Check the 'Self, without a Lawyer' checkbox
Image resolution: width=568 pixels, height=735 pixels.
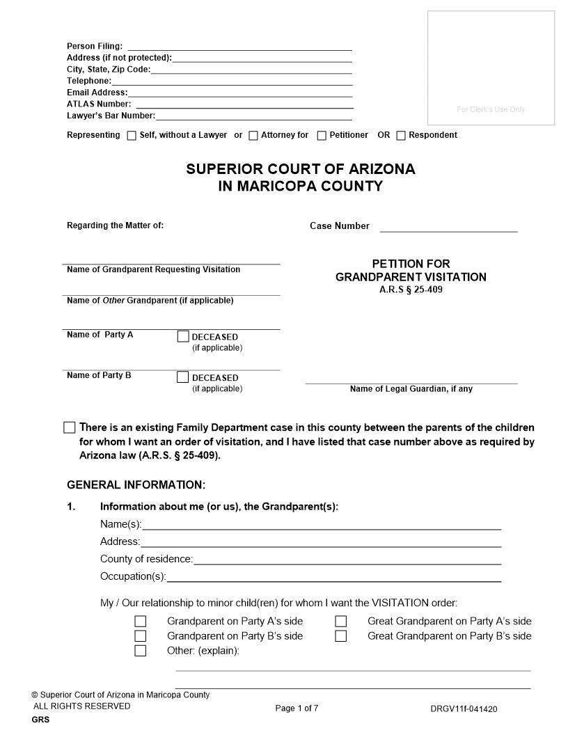[x=132, y=136]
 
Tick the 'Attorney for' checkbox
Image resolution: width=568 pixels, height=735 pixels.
[x=253, y=136]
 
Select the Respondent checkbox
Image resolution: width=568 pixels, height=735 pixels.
[x=401, y=136]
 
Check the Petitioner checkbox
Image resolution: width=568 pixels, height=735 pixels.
[x=322, y=136]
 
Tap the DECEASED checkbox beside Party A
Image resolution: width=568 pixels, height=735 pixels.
[x=183, y=337]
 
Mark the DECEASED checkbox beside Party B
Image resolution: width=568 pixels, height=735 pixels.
[x=183, y=377]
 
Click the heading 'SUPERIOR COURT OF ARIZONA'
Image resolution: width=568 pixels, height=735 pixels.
[x=300, y=169]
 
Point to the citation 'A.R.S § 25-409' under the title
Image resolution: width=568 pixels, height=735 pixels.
[x=411, y=290]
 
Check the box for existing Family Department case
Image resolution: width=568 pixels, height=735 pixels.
[x=70, y=427]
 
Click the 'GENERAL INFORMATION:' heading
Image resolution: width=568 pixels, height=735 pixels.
[x=136, y=485]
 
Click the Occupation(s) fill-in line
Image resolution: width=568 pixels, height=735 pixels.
[x=334, y=577]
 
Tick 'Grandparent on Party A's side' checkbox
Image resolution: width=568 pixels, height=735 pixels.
[x=141, y=622]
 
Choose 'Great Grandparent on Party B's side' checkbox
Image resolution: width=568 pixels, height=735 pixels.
[x=341, y=636]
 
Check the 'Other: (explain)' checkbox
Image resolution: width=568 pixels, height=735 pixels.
[x=141, y=651]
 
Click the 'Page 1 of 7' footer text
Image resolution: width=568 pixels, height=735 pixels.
[x=297, y=709]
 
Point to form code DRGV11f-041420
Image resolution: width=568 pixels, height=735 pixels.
[x=464, y=709]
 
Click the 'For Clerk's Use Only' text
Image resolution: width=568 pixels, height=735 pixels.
[x=491, y=109]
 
